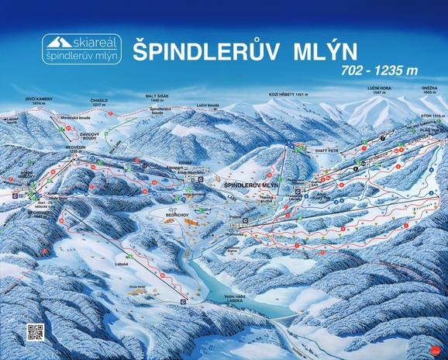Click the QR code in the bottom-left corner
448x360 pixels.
tap(34, 332)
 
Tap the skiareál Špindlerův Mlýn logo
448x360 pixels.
tap(81, 50)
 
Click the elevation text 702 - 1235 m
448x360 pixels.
tap(379, 71)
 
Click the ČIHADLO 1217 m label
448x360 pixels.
tap(98, 101)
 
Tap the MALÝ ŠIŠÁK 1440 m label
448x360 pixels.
tap(157, 99)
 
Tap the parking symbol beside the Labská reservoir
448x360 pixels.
tap(182, 300)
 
